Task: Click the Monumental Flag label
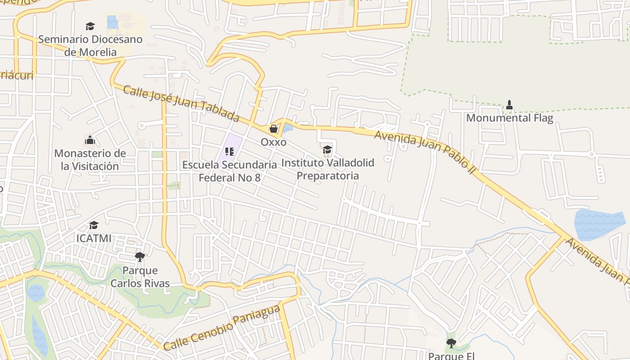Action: pos(509,118)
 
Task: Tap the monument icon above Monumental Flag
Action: pos(509,105)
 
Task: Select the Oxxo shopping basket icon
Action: pos(273,129)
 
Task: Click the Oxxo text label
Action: pos(273,142)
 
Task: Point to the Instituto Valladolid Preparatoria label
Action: pos(328,169)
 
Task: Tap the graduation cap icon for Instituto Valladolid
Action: pos(327,149)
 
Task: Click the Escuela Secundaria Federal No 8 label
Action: pos(229,171)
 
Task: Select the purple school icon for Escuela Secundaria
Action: pos(229,152)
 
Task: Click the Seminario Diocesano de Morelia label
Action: pos(90,45)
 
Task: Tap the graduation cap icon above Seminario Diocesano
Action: pos(90,26)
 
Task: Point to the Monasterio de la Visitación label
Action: pos(90,160)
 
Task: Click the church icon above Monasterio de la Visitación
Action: pos(90,140)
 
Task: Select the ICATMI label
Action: pos(94,238)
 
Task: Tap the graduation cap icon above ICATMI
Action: pos(94,225)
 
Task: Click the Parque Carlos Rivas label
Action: pos(140,277)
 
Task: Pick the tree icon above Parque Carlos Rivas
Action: pos(140,257)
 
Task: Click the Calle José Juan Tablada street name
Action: pos(180,104)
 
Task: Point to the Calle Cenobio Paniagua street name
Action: pos(221,328)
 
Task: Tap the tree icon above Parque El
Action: pos(451,343)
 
